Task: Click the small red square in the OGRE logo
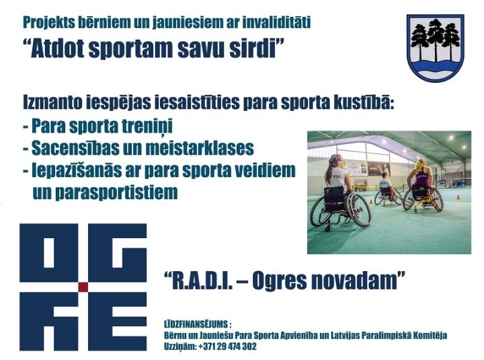click(83, 287)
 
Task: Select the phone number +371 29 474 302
click(227, 347)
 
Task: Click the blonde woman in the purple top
click(421, 186)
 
